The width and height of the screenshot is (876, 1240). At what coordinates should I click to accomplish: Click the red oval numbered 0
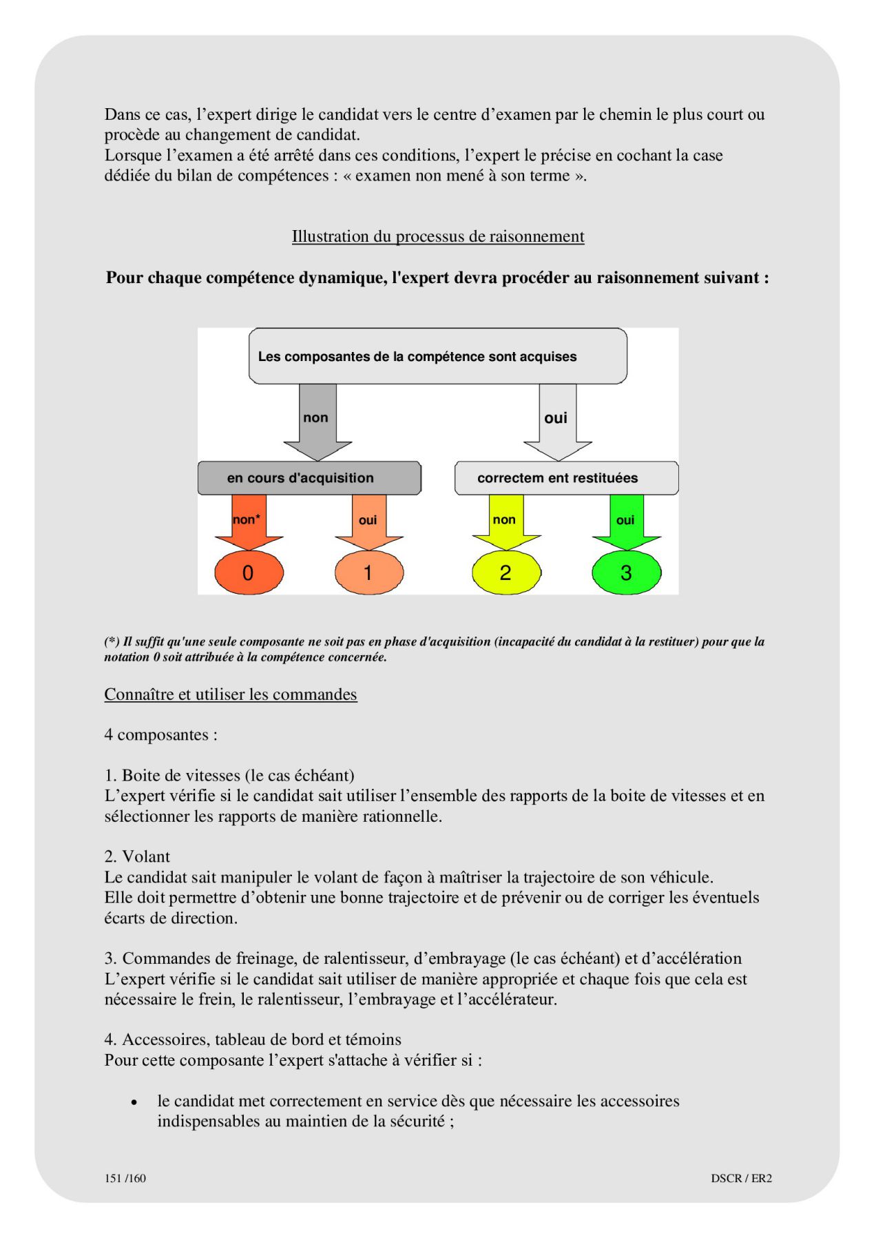(249, 572)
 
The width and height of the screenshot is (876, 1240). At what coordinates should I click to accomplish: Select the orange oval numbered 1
(368, 572)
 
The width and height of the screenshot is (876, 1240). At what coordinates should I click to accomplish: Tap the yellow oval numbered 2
(506, 572)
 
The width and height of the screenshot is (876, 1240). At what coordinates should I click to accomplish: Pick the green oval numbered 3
(626, 572)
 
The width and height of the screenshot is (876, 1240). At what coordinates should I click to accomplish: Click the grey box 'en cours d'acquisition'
(309, 478)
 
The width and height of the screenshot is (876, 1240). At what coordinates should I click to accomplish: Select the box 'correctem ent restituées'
(566, 478)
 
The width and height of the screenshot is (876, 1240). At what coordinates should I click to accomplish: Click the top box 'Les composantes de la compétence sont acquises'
(437, 356)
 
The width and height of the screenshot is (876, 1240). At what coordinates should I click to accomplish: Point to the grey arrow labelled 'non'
(317, 420)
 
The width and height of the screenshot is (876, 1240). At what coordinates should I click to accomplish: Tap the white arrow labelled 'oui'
(557, 420)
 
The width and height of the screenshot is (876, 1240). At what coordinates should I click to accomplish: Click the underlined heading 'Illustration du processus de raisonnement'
(438, 236)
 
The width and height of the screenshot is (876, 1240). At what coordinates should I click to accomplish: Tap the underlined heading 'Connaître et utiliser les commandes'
(231, 694)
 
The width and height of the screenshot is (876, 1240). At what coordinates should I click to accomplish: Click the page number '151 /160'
(125, 1178)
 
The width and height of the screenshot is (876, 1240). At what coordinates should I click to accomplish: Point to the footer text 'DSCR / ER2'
(741, 1178)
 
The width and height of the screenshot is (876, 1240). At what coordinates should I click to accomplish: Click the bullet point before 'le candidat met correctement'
(134, 1102)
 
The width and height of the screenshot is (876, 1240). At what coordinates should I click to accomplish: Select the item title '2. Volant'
(137, 856)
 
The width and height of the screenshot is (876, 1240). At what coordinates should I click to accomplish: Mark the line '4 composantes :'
(160, 734)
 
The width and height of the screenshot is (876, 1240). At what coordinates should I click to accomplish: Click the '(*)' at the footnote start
(112, 641)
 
